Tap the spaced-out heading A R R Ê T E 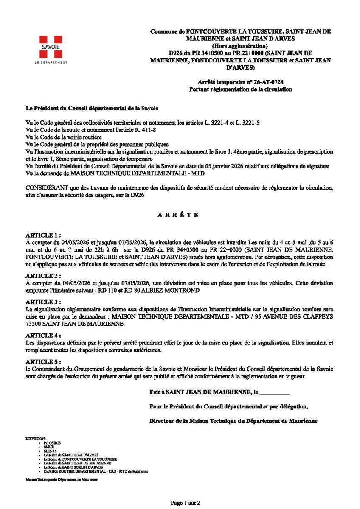click(178, 215)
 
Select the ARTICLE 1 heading click(43, 235)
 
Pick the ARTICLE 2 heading click(43, 275)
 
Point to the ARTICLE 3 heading click(43, 302)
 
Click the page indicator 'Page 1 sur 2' click(186, 503)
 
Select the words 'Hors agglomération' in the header click(241, 46)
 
